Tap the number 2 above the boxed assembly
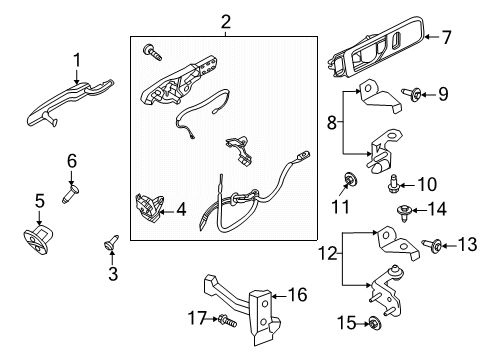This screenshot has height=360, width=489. [x=226, y=20]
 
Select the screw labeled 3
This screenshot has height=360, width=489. [x=111, y=242]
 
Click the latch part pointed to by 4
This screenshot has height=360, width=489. [x=146, y=206]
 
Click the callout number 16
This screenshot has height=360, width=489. [x=296, y=295]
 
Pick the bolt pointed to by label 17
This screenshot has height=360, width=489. [x=227, y=321]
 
